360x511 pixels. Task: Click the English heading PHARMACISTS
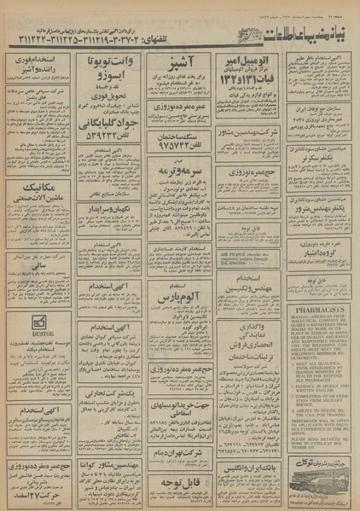pyautogui.click(x=322, y=305)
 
